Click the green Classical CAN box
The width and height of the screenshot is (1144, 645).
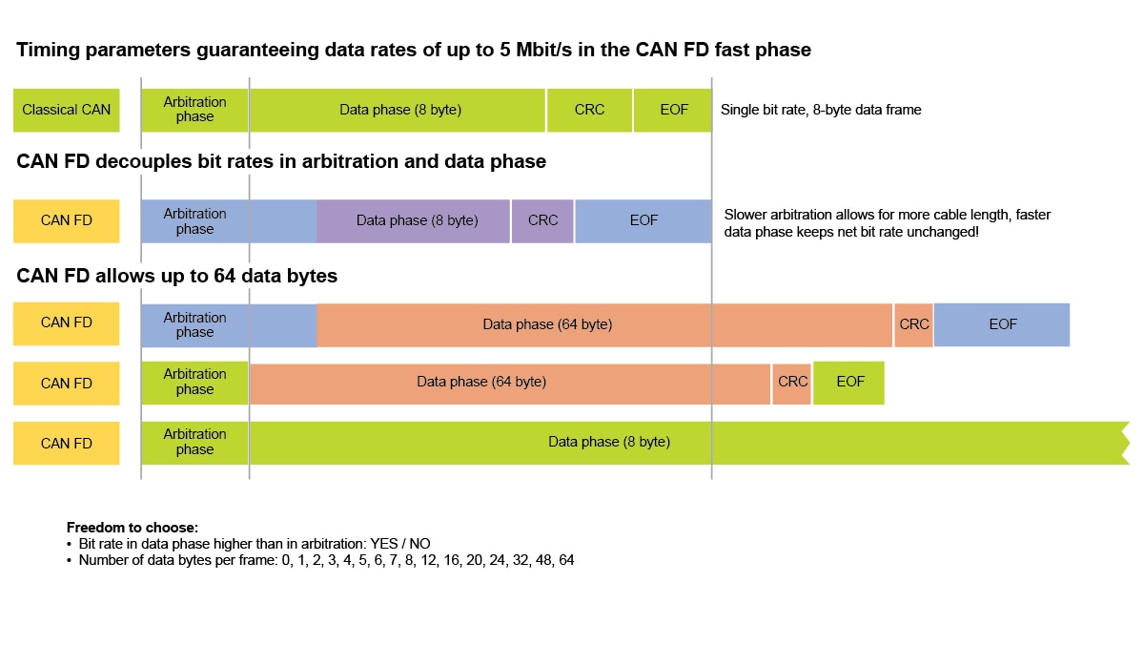(x=66, y=110)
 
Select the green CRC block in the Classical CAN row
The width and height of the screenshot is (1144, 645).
(x=589, y=110)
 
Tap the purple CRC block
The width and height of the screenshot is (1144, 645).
(x=542, y=220)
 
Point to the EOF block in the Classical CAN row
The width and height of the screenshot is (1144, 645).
(x=673, y=110)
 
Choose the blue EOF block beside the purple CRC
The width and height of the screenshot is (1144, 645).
(x=643, y=220)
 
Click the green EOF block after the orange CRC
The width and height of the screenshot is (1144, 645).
(x=849, y=382)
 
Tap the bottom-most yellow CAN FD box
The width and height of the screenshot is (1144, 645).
(x=66, y=443)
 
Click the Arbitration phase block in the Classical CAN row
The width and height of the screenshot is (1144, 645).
(x=194, y=110)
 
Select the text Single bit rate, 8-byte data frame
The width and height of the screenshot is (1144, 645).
(x=821, y=110)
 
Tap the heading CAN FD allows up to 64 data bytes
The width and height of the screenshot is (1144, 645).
(x=176, y=277)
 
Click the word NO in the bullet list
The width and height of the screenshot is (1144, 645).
(x=420, y=544)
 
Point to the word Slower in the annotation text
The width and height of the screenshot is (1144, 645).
(x=746, y=215)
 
